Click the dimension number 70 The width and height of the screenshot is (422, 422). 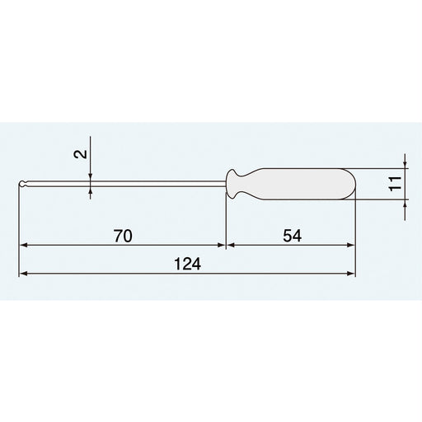coord(122,236)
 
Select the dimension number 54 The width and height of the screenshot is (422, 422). coord(291,236)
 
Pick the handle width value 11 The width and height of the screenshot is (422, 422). coord(394,184)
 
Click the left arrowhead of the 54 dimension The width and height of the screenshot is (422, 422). coord(230,246)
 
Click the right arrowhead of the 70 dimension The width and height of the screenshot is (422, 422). coord(220,246)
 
